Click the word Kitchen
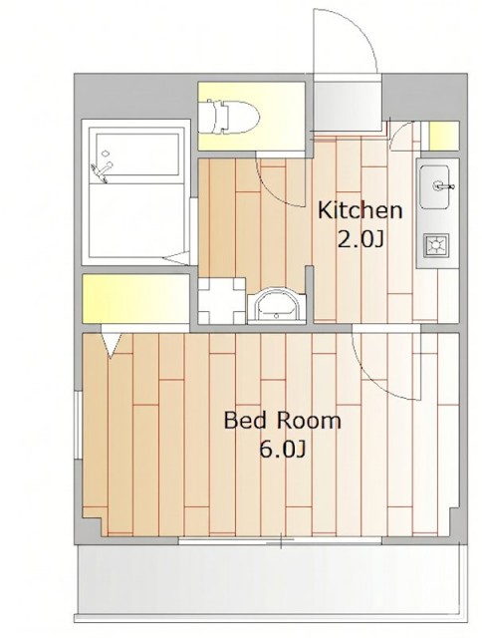pyautogui.click(x=360, y=210)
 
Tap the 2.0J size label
pyautogui.click(x=361, y=240)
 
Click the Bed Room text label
pyautogui.click(x=282, y=421)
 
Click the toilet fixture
pyautogui.click(x=233, y=117)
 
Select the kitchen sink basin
pyautogui.click(x=434, y=186)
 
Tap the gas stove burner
pyautogui.click(x=436, y=245)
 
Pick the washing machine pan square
pyautogui.click(x=222, y=301)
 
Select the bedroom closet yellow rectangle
pyautogui.click(x=136, y=299)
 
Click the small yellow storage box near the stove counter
pyautogui.click(x=444, y=136)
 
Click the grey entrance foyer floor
pyautogui.click(x=348, y=104)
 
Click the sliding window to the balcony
pyautogui.click(x=281, y=540)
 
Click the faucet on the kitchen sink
pyautogui.click(x=443, y=186)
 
